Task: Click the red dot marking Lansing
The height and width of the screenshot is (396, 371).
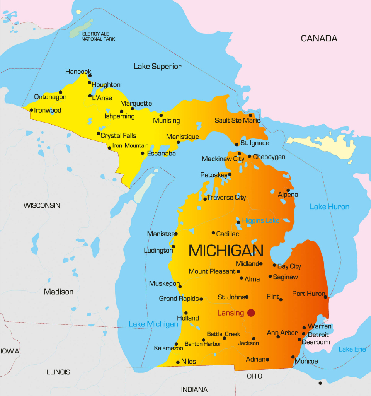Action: pos(251,313)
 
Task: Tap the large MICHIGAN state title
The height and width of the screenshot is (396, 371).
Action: pos(226,251)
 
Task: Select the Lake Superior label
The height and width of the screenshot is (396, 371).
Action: pos(157,67)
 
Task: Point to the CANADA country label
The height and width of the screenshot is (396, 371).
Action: pos(319,38)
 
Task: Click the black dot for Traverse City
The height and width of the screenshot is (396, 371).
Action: pos(205,199)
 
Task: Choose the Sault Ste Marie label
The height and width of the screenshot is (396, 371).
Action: pos(237,121)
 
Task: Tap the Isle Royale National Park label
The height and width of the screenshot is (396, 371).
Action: pos(98,36)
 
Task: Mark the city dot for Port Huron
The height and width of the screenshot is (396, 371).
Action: pos(325,297)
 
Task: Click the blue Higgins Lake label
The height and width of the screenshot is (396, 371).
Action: pos(260,220)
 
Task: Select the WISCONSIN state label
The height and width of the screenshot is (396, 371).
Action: pos(42,205)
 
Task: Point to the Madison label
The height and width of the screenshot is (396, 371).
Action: pos(58,292)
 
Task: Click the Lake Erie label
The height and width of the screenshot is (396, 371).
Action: pos(352,349)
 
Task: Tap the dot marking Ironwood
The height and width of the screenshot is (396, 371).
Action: pos(31,110)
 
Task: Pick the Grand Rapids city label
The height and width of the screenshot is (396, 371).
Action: pos(179,299)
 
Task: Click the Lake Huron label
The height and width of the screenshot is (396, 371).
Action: pos(329,207)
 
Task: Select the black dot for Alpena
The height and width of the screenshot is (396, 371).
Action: pos(288,190)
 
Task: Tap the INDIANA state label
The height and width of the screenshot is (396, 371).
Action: pos(194,389)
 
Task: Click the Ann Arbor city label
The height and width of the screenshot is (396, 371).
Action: pos(282,333)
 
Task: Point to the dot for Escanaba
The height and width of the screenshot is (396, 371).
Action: pos(143,154)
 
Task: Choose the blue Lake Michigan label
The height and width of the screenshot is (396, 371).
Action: pos(153,324)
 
